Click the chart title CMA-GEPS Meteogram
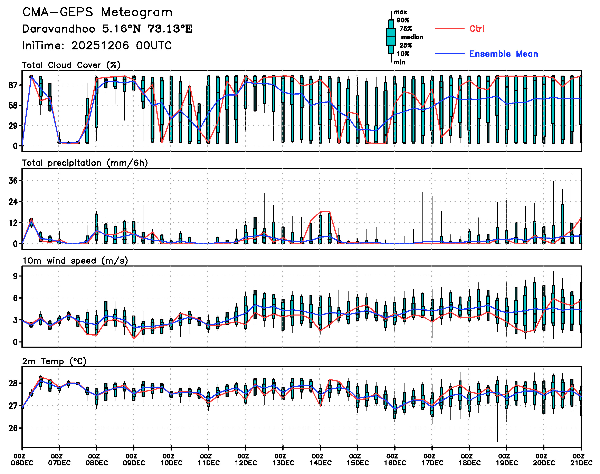click(x=97, y=12)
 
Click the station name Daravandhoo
click(x=59, y=29)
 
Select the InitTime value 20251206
click(x=100, y=46)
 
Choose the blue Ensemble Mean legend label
click(x=503, y=54)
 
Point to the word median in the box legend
click(x=412, y=37)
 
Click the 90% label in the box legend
click(x=403, y=20)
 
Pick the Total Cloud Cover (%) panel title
click(x=71, y=65)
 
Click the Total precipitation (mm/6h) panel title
click(x=85, y=163)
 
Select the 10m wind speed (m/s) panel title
click(x=75, y=261)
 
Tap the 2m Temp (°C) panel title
click(x=54, y=361)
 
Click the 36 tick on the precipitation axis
click(x=13, y=181)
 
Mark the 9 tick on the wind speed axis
click(x=15, y=276)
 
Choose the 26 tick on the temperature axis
click(x=13, y=428)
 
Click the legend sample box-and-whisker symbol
click(x=391, y=37)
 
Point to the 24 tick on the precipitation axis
click(x=13, y=202)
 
